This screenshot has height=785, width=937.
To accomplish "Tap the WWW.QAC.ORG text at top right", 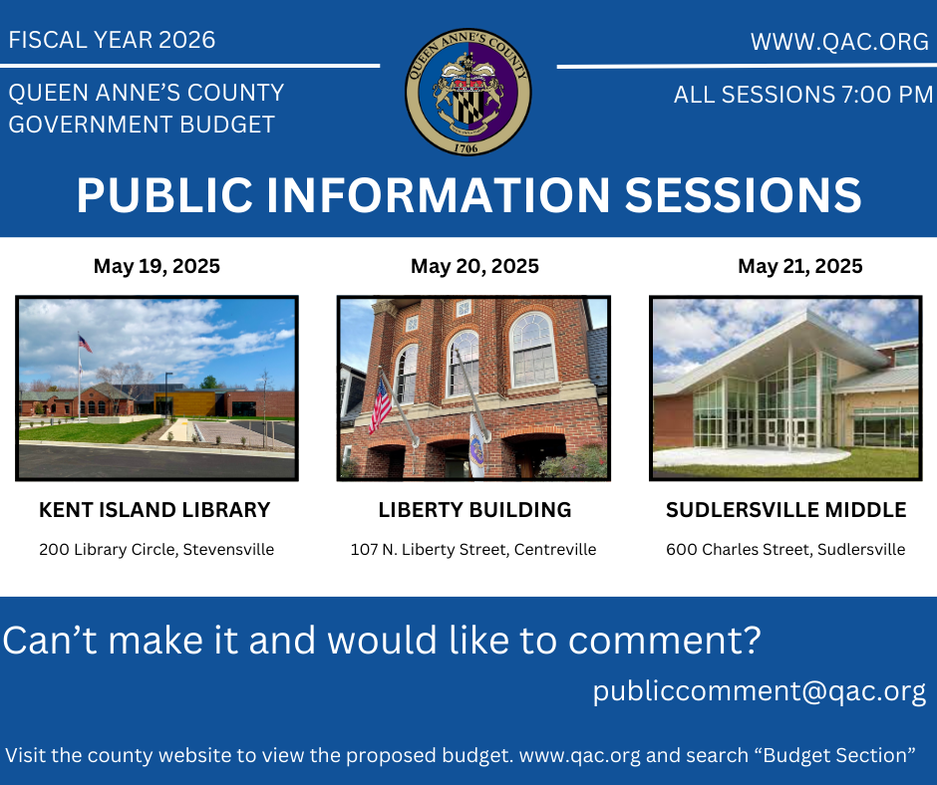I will click(x=839, y=42).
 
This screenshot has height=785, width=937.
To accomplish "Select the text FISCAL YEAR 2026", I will click(x=112, y=40).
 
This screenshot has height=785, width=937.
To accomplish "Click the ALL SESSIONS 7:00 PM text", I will click(x=802, y=96).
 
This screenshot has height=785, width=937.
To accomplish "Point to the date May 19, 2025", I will click(x=156, y=266).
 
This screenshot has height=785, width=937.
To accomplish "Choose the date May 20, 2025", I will click(x=474, y=266).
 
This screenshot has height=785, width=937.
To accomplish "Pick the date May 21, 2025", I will click(x=799, y=266).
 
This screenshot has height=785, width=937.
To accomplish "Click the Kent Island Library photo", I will click(x=156, y=388).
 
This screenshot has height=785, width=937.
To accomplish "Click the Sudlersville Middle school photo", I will click(x=784, y=388).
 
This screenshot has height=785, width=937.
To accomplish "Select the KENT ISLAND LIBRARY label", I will click(x=155, y=510).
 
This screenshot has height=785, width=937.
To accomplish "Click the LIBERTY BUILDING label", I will click(x=474, y=510).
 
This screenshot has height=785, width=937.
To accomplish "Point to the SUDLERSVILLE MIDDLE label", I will click(x=785, y=510).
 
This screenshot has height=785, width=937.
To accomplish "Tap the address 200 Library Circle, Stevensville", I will click(x=156, y=549).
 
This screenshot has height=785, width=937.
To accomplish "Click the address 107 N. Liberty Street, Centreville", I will click(x=473, y=549).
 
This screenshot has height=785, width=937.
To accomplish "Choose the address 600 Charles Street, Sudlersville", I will click(x=785, y=549).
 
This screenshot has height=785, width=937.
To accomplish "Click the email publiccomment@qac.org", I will click(x=759, y=690).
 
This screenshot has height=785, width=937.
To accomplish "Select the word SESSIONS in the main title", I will click(x=743, y=195).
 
